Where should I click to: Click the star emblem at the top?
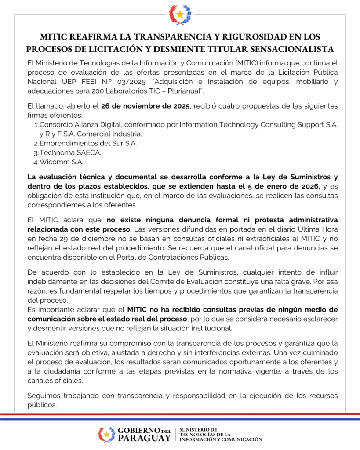point(180,15)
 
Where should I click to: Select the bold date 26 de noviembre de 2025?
point(145,107)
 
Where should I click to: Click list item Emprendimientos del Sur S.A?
point(88,143)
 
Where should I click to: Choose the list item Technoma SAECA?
point(70,152)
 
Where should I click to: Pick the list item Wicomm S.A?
point(62,162)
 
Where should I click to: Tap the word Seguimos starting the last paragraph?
point(42,396)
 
